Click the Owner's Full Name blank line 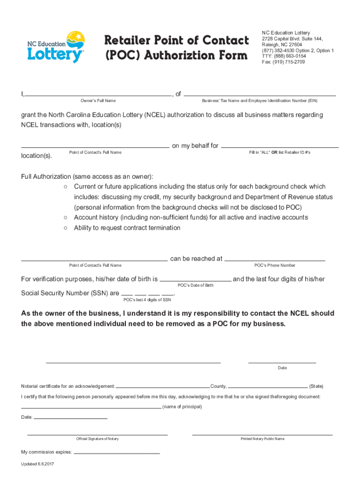point(98,95)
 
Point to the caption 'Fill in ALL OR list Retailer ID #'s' point(280,152)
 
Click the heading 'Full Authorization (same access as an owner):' point(87,176)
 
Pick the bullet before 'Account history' point(65,218)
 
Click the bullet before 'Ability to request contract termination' point(65,228)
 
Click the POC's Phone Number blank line point(274,260)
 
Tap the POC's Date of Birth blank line point(195,280)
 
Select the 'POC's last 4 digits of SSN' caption point(147,300)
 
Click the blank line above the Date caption point(282,362)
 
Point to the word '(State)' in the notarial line point(316,386)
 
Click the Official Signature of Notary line point(97,435)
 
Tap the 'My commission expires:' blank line point(116,453)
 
